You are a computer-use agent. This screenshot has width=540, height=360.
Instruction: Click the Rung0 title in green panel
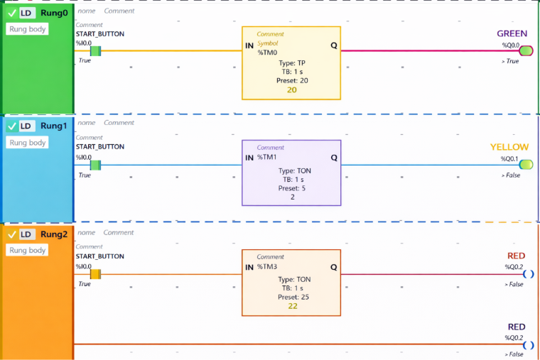coord(54,13)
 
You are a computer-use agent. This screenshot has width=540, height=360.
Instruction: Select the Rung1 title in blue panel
coord(54,126)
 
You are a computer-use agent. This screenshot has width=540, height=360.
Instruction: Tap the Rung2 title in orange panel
coord(54,234)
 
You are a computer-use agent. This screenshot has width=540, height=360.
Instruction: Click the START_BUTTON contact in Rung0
coord(95,51)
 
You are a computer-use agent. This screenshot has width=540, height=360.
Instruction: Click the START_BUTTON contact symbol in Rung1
coord(95,165)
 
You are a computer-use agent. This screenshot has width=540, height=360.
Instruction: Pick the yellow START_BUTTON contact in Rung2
coord(95,274)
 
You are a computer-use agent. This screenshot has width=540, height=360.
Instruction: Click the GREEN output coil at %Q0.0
coord(526,51)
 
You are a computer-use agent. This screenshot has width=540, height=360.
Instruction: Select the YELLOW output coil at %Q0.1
coord(526,165)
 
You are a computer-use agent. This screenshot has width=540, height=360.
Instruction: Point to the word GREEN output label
coord(512,33)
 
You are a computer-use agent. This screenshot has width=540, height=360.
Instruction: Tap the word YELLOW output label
coord(509,147)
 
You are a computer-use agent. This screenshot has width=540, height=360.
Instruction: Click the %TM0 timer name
coord(267,53)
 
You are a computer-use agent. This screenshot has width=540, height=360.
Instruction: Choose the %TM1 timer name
coord(267,157)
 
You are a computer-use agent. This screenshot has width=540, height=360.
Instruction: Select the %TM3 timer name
coord(267,267)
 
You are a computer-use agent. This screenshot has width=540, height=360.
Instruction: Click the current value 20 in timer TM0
coord(292,89)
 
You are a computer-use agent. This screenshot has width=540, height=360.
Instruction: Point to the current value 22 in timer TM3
coord(293,306)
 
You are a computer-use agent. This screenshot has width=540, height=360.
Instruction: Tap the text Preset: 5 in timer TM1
coord(292,188)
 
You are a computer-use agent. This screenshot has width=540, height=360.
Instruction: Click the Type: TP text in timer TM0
coord(292,63)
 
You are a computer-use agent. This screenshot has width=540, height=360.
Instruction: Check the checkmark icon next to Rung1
coord(12,126)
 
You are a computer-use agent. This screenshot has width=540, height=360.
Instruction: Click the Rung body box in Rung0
coord(28,29)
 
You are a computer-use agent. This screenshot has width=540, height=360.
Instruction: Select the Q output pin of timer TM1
coord(334,157)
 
